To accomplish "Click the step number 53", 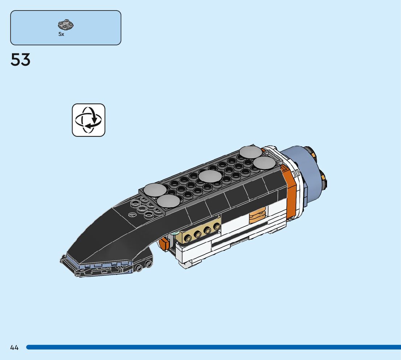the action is pos(21,60).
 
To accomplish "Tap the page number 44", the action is pos(15,348).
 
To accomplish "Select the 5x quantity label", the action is pos(61,34).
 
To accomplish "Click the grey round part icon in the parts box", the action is pos(66,25).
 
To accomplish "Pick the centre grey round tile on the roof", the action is pos(210,177).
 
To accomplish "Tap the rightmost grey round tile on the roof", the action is pos(264,163).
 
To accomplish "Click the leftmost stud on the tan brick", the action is pos(188,238).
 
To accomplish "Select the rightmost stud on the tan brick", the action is pos(217,227).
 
